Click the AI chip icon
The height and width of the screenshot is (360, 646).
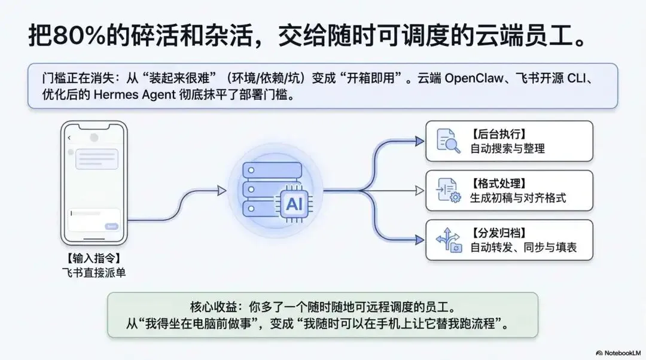294,204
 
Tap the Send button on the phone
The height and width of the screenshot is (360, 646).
111,227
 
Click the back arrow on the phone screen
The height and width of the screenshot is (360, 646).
69,138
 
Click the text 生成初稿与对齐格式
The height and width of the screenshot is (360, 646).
518,198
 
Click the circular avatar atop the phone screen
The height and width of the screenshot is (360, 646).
94,138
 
